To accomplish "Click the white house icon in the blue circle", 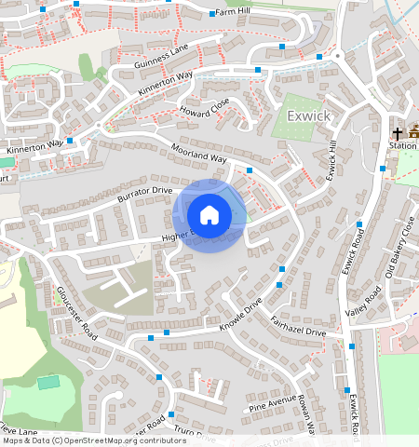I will point(209,215).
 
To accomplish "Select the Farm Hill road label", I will point(232,12).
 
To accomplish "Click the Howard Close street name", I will point(205,111).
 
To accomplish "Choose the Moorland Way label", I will point(198,154).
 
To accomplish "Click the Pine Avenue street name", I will point(271,403).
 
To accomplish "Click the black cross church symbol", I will point(396,132).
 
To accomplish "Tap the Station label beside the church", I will point(403,146).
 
